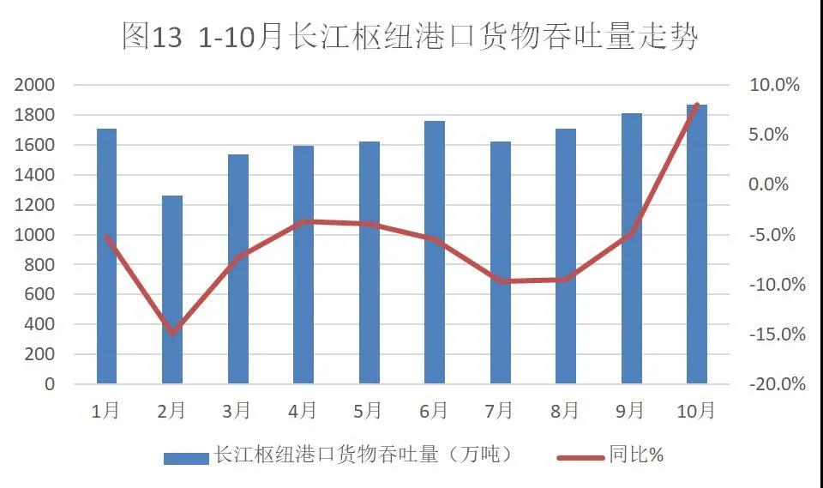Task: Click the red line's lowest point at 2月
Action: [x=172, y=333]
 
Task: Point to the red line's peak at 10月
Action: [x=698, y=105]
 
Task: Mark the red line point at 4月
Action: [x=303, y=221]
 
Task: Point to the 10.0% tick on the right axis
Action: [x=773, y=85]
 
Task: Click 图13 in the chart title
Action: [x=153, y=37]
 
